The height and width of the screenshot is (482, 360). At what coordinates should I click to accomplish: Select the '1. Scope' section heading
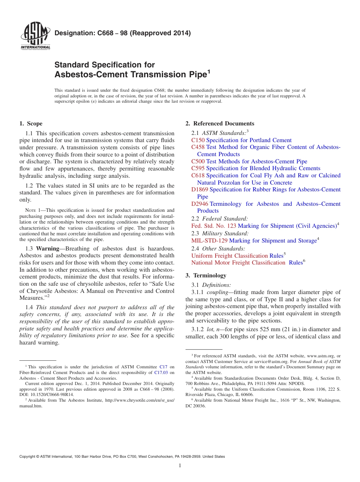point(31,124)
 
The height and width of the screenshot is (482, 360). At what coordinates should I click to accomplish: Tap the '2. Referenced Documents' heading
point(220,124)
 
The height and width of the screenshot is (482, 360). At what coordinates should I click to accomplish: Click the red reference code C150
point(198,140)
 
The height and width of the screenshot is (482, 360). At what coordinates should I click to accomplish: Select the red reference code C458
point(198,147)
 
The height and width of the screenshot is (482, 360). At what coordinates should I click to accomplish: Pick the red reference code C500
point(198,161)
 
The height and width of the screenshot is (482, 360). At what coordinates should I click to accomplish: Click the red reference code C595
point(198,168)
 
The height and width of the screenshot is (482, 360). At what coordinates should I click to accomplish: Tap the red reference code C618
point(198,175)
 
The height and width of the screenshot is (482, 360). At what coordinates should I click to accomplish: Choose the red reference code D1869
point(200,189)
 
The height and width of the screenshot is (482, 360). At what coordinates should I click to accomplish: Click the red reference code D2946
point(200,204)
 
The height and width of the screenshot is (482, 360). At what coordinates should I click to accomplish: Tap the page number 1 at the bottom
point(180,466)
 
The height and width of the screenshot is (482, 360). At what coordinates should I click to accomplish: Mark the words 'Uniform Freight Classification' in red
point(230,256)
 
